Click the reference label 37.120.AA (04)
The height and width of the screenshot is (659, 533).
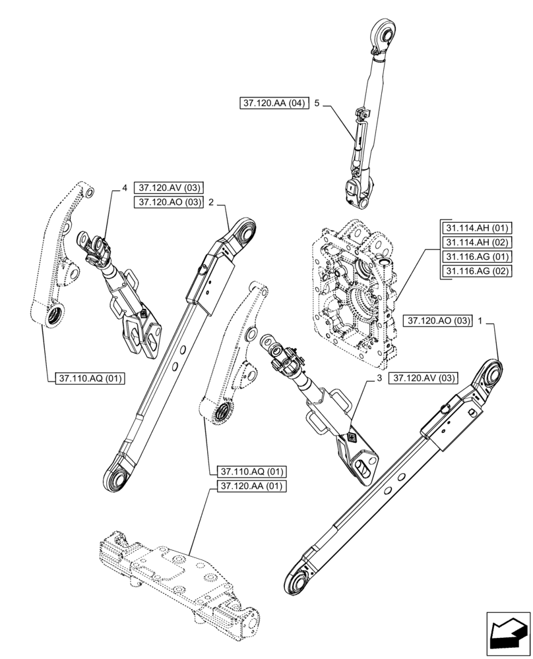274,104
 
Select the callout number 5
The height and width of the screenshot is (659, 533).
317,104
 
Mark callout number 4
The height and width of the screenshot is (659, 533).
123,188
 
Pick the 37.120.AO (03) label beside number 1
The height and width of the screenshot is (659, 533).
439,321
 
